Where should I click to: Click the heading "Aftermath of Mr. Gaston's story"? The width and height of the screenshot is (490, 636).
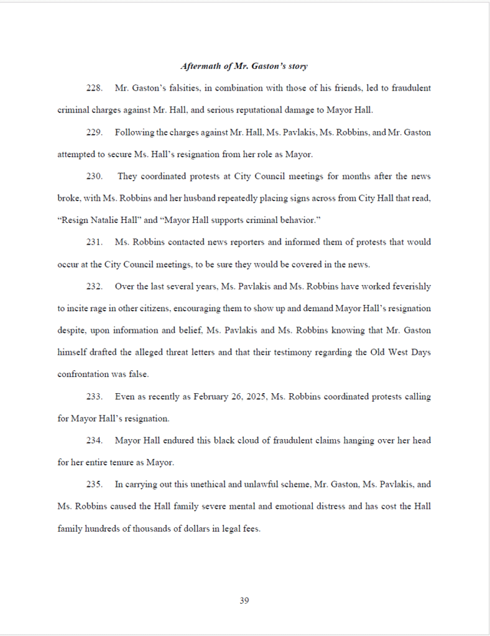click(244, 66)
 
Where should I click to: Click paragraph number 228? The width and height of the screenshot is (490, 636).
click(94, 88)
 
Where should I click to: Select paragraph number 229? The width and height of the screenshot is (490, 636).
click(94, 132)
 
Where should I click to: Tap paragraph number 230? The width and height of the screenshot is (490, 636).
click(94, 176)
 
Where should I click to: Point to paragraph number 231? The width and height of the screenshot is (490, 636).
click(94, 242)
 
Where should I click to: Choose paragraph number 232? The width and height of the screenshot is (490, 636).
click(94, 286)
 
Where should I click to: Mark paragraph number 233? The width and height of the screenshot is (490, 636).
click(94, 396)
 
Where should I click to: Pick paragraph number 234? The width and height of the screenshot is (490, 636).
click(94, 440)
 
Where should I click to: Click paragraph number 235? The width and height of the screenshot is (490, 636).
click(94, 484)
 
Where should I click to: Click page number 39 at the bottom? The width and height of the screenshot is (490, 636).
click(244, 600)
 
